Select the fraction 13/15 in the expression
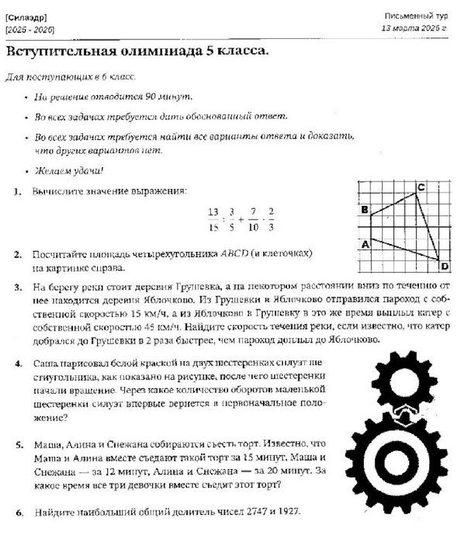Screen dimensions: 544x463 pos(213,219)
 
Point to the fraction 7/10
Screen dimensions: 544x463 pos(253,219)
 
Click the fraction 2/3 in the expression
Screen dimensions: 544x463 pos(272,219)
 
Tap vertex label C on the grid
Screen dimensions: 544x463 pos(421,187)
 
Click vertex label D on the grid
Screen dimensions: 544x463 pos(444,266)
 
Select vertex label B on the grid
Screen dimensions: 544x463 pos(364,210)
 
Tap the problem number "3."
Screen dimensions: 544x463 pos(18,287)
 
